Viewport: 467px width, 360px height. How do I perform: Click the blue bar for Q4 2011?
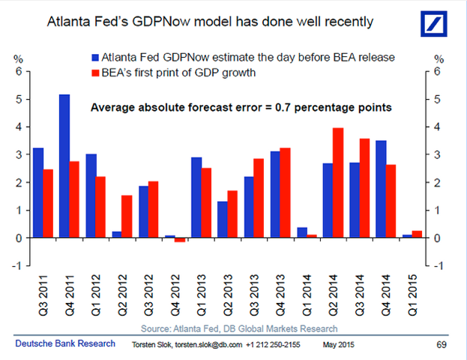[64, 166]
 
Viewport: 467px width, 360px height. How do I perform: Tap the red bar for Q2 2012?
[127, 216]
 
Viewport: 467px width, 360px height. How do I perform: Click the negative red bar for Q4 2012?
[180, 240]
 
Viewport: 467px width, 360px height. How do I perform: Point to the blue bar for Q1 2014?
[301, 232]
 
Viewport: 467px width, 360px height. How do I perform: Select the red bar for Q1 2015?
[418, 234]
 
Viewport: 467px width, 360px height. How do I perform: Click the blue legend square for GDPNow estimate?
[96, 57]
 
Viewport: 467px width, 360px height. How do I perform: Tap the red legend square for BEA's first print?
[96, 73]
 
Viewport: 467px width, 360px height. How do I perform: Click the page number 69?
[443, 344]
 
